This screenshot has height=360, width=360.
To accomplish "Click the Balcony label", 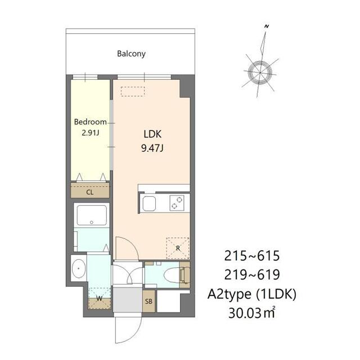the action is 131,54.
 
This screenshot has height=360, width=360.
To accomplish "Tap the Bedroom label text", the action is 90,122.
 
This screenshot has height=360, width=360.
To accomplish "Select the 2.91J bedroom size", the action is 91,133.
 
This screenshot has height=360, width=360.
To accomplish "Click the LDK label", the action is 152,134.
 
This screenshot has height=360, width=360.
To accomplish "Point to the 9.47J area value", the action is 152,148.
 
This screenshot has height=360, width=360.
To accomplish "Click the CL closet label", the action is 90,192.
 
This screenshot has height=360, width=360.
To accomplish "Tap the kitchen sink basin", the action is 149,204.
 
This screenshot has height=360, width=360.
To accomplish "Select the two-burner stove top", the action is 177,203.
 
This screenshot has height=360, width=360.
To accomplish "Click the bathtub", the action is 92,215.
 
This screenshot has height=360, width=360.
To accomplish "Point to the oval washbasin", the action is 79,268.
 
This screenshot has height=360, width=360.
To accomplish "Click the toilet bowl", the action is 173,275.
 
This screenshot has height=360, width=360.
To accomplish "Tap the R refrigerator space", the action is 178,248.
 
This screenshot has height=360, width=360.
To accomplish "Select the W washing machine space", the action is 100,298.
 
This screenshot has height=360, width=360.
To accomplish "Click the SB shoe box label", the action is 148,301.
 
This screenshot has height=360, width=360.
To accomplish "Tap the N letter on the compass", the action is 267,26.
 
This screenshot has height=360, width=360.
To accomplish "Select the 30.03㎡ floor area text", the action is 252,313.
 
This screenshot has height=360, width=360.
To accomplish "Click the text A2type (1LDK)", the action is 252,294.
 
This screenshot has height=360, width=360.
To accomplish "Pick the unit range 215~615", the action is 252,256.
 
